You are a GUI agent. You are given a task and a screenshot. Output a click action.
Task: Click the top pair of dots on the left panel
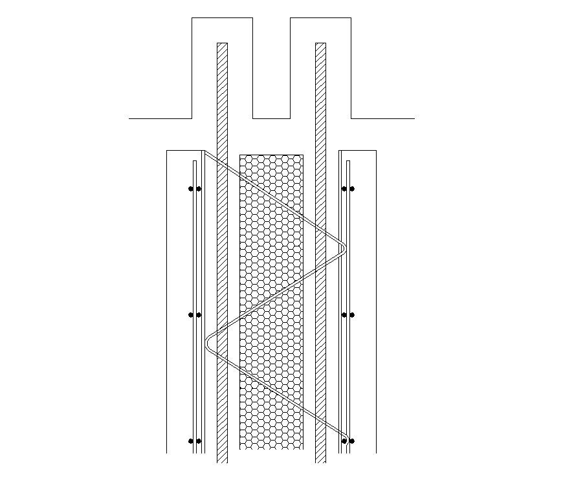point(195,189)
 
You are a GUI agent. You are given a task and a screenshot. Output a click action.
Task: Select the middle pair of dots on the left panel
point(195,315)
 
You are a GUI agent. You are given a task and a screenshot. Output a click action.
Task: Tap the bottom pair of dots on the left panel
point(195,441)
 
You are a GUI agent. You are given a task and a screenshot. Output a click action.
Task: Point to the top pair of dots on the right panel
point(348,189)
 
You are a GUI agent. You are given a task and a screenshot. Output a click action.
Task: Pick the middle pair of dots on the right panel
point(348,315)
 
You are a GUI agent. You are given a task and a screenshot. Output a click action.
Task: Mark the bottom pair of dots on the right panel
point(348,441)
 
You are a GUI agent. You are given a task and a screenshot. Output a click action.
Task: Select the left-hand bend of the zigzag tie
point(208,342)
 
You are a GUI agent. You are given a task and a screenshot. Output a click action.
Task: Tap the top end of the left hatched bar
point(222,44)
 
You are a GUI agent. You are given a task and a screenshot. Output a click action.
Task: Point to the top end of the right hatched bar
point(320,44)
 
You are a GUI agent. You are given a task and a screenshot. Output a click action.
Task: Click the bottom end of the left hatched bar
point(222,461)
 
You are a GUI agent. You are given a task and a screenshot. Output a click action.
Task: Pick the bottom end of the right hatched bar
point(320,461)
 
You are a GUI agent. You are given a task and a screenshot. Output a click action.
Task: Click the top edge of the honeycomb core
point(271,155)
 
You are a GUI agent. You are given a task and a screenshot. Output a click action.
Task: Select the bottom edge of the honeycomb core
point(271,448)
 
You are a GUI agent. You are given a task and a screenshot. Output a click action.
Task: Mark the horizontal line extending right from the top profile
point(382,118)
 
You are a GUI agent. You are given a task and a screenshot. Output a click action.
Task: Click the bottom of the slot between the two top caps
point(271,118)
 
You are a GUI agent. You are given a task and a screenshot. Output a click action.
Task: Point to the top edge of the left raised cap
point(222,18)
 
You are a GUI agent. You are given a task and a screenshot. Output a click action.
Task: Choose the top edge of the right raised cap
point(320,18)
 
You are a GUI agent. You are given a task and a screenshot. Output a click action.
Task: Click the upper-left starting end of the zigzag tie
point(206,153)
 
